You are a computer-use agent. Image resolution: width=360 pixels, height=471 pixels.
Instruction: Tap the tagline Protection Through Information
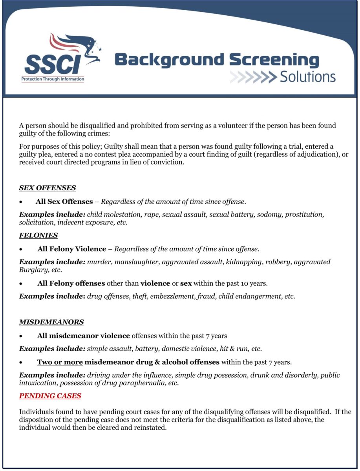(53, 79)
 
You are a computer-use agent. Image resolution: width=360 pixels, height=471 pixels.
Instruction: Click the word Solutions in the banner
(308, 77)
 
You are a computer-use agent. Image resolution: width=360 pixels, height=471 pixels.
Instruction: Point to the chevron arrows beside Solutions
(253, 77)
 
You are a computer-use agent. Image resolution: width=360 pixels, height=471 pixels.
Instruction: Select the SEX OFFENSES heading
(48, 188)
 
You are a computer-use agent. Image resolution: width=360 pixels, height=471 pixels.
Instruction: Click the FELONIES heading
(38, 235)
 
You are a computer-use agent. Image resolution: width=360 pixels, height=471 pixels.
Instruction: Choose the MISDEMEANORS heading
(51, 322)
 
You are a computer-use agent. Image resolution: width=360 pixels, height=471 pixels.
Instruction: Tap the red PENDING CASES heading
(50, 396)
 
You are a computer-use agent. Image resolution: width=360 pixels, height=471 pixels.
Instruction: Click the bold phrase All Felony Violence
(72, 249)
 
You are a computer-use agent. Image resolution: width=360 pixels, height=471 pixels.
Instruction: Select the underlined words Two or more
(60, 361)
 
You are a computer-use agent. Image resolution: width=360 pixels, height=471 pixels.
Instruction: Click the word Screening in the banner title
(274, 60)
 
